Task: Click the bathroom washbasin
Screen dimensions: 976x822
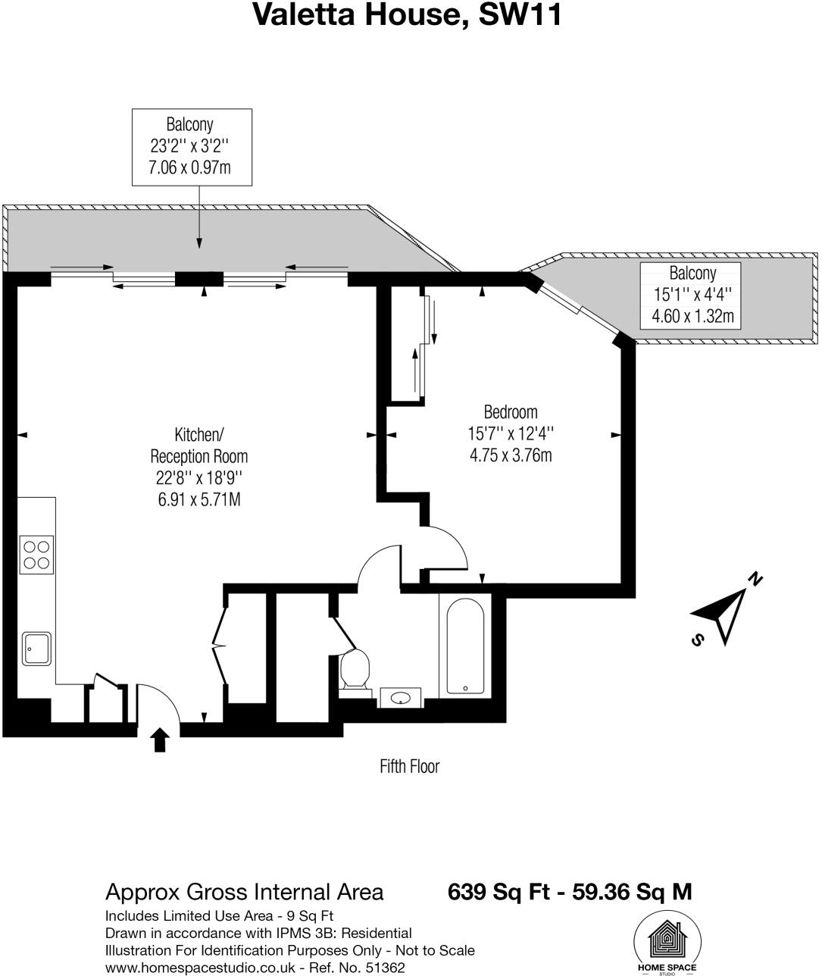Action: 400,696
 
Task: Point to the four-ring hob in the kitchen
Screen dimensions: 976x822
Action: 36,554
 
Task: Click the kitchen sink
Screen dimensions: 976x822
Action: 36,649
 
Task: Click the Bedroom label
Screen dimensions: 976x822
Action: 511,412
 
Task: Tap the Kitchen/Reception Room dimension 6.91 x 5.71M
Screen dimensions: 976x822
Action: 199,500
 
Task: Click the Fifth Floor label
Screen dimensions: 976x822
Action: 409,767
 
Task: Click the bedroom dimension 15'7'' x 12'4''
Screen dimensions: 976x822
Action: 511,434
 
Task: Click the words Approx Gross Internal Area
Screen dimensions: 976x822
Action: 244,892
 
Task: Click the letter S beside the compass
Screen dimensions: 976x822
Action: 697,640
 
